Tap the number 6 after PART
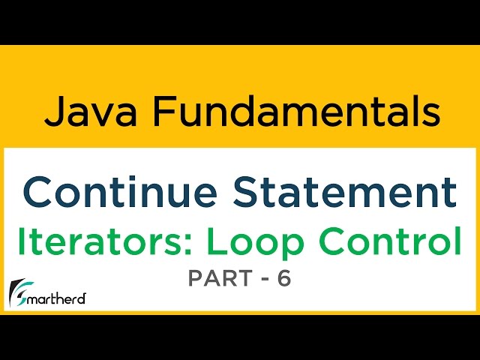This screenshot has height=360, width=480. point(283,279)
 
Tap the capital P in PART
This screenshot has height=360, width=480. point(194,279)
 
